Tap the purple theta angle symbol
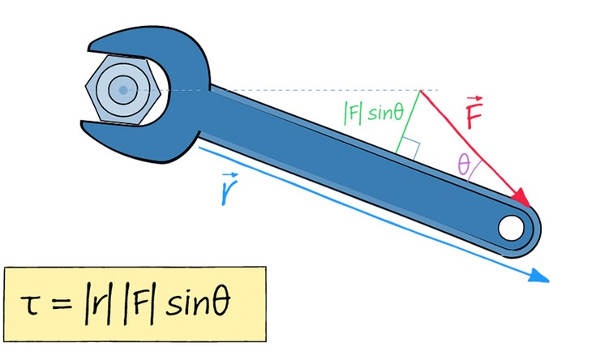pos(465,165)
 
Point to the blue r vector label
pos(229,188)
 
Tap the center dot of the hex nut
pos(122,89)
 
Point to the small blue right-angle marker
pos(411,148)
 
